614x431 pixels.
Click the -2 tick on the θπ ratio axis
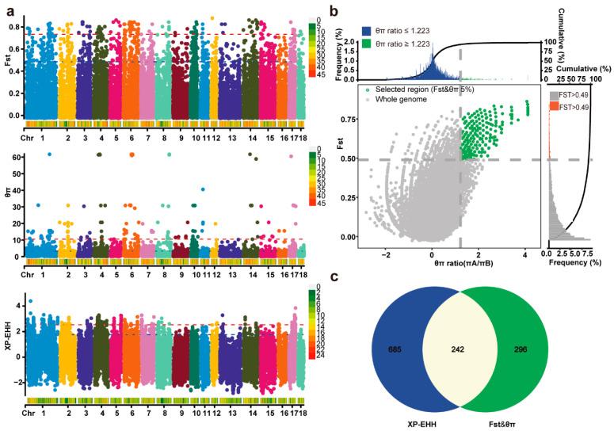[x=387, y=256]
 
